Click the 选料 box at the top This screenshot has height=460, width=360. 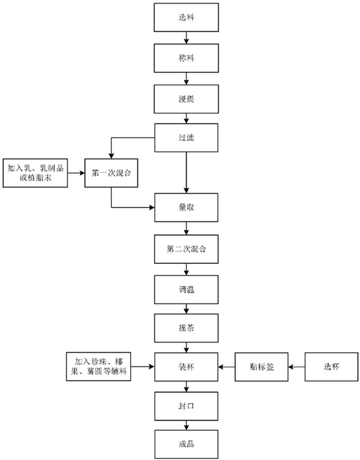click(x=187, y=18)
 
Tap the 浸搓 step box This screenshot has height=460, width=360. click(x=187, y=98)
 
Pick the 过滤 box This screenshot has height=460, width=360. click(x=187, y=137)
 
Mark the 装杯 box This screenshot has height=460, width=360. click(x=187, y=366)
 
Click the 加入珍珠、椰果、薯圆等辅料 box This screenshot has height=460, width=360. click(x=98, y=366)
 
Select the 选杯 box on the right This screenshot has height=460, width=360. click(x=332, y=366)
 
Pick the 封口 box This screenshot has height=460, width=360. click(x=187, y=406)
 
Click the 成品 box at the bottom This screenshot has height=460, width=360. click(x=187, y=445)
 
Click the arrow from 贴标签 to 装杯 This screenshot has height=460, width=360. click(x=226, y=366)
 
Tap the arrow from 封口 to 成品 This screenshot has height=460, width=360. click(x=187, y=425)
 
